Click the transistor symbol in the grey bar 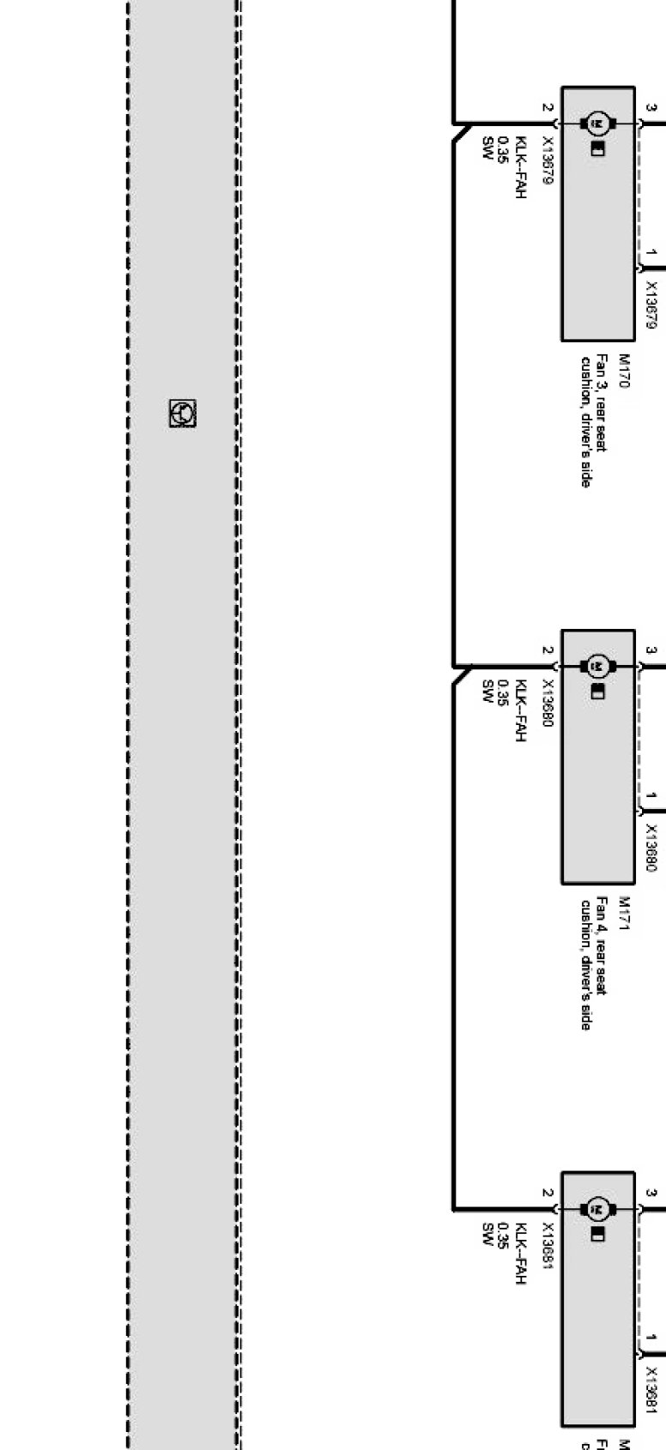182,414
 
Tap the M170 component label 624,371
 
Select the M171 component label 624,913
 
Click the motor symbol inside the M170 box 598,124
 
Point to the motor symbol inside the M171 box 598,666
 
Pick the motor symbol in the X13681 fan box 598,1209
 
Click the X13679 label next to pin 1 651,305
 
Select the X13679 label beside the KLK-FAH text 548,160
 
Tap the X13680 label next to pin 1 651,849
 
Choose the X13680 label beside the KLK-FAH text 548,704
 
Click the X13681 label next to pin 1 651,1391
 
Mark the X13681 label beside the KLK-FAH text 548,1246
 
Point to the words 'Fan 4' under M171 602,913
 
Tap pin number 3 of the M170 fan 651,108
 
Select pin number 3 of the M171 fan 651,651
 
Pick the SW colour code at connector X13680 487,689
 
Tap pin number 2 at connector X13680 547,651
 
